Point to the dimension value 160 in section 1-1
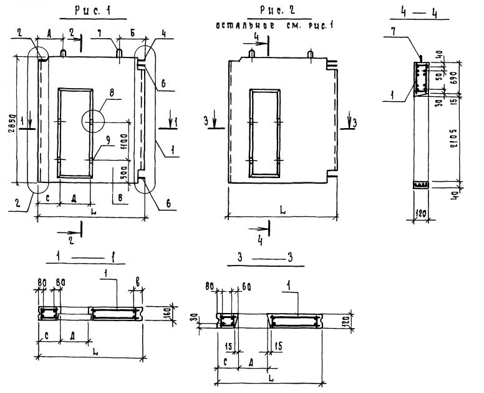tap(167, 312)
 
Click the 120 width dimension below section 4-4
tap(421, 214)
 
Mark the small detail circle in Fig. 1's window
tap(92, 121)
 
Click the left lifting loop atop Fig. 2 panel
tap(252, 55)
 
